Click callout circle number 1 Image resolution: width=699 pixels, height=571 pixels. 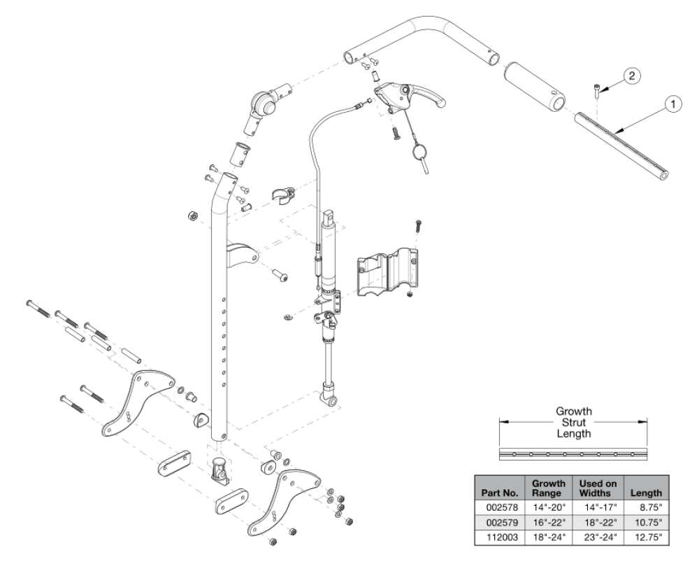[672, 104]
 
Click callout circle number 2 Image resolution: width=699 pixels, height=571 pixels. [630, 76]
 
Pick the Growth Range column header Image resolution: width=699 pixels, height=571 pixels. [549, 488]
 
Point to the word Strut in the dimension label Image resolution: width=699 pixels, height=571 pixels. [573, 422]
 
